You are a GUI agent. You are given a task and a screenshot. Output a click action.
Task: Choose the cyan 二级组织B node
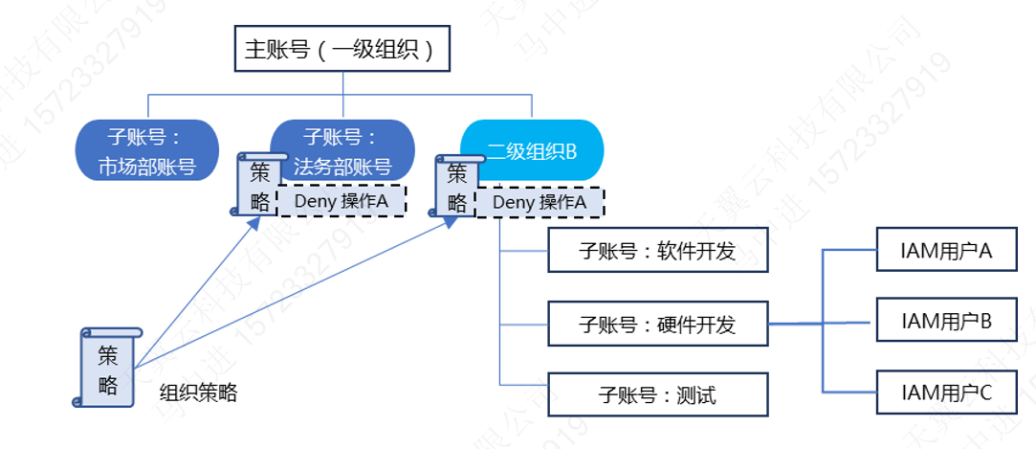pyautogui.click(x=532, y=150)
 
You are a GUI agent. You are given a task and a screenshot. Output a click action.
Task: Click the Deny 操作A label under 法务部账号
pyautogui.click(x=342, y=201)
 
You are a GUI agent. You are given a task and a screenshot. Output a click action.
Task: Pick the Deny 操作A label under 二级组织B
pyautogui.click(x=540, y=202)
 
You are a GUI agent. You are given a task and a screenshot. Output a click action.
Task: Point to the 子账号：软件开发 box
pyautogui.click(x=657, y=252)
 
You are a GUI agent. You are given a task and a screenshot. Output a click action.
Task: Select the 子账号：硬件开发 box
pyautogui.click(x=657, y=325)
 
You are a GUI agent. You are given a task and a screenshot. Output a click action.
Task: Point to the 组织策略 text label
pyautogui.click(x=198, y=393)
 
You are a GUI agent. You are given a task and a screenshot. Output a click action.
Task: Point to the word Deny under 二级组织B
pyautogui.click(x=514, y=202)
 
